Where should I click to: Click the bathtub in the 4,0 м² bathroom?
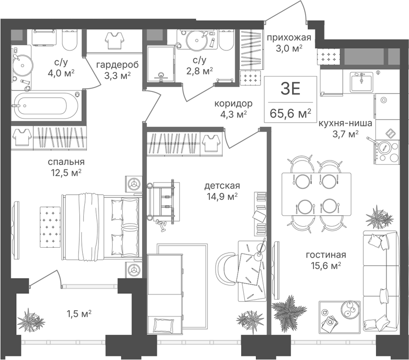[x=46, y=106]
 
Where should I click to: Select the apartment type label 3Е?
[x=290, y=89]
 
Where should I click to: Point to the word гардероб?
[x=117, y=65]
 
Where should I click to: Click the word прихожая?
[x=289, y=38]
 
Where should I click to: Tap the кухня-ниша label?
[x=346, y=123]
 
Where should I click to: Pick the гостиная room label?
[x=326, y=255]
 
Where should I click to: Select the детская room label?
[x=222, y=186]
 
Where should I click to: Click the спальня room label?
[x=66, y=162]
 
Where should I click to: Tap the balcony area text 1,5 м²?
[x=79, y=313]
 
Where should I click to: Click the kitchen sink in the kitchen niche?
[x=361, y=82]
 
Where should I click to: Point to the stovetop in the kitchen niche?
[x=387, y=152]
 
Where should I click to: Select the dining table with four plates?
[x=316, y=194]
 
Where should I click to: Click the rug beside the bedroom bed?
[x=50, y=227]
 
